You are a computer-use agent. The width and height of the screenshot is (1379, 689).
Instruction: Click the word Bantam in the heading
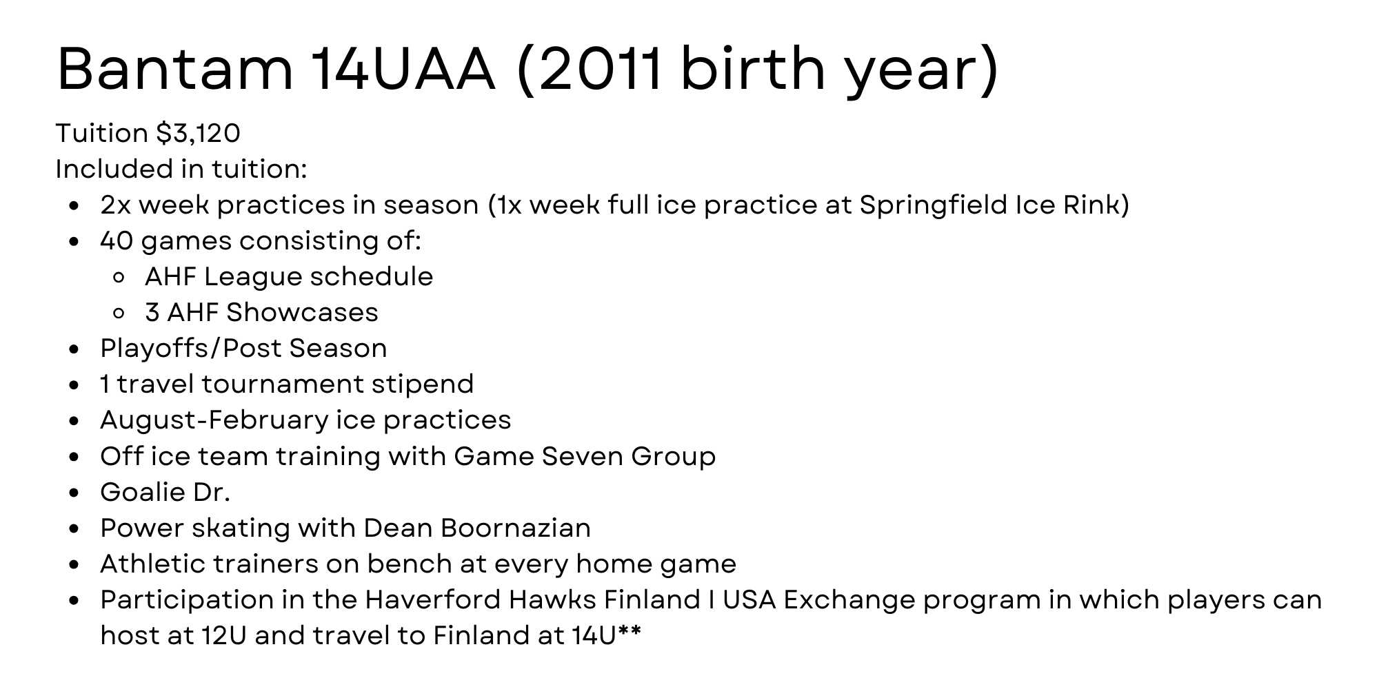pos(176,69)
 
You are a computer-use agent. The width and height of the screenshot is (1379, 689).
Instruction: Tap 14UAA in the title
pos(403,69)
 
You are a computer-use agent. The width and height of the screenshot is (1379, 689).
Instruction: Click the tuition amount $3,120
pos(199,134)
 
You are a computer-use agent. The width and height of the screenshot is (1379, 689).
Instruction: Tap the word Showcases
pos(303,313)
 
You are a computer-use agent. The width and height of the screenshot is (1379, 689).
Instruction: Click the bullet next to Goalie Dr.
pos(75,493)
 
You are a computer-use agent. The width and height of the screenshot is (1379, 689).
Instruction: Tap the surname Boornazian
pos(515,528)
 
